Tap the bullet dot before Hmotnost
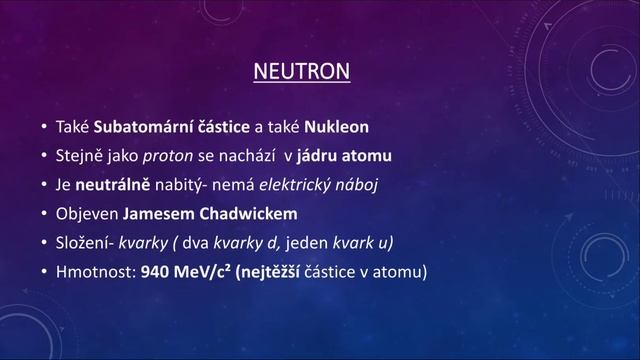[44, 270]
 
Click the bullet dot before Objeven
[44, 214]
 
